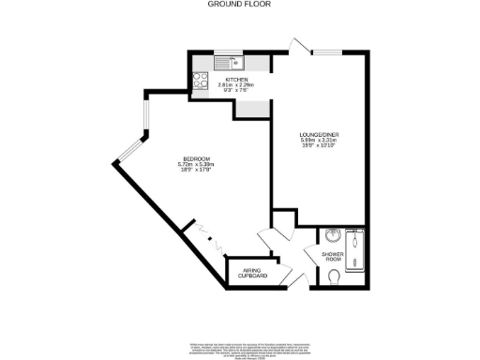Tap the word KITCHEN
(x=223, y=80)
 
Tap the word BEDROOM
(x=196, y=158)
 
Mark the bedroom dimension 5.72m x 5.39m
(x=196, y=165)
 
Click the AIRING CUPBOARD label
(x=252, y=273)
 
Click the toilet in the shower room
(x=335, y=275)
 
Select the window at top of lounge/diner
(x=327, y=52)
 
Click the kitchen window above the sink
(x=226, y=52)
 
